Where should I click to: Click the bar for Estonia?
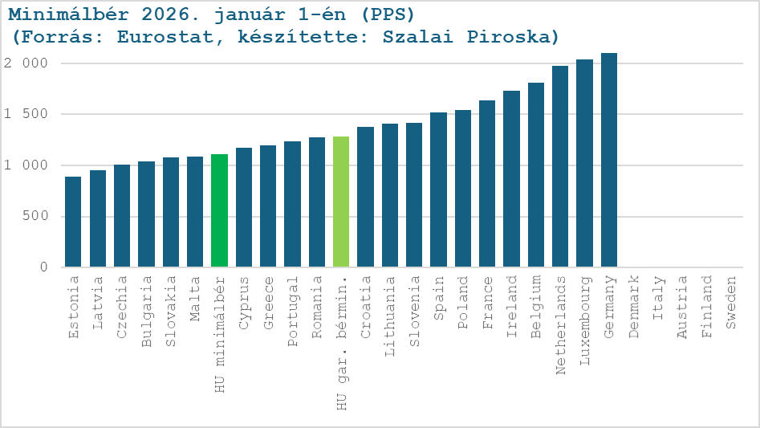(73, 222)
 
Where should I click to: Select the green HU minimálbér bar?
(219, 210)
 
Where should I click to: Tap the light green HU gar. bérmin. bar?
(341, 202)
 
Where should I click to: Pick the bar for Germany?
(609, 160)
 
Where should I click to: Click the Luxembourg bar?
(584, 163)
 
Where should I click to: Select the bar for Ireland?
(511, 179)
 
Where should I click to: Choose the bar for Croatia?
(365, 197)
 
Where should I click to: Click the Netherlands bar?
(560, 166)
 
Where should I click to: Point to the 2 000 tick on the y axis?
(26, 63)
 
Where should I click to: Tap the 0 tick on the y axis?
(45, 267)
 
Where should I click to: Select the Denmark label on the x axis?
(634, 298)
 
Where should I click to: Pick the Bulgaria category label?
(147, 301)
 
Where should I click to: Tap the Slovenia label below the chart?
(414, 301)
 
